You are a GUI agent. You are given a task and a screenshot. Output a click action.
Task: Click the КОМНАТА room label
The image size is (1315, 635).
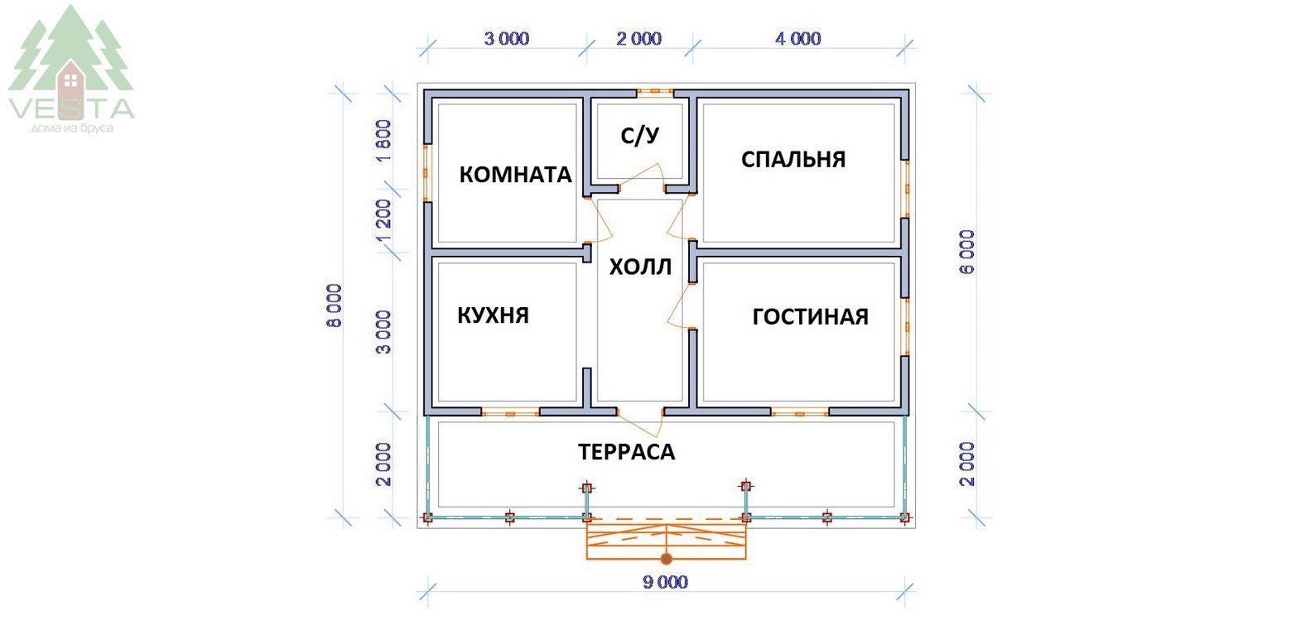pos(515,175)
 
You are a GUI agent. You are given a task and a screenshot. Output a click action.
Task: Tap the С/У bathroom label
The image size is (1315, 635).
pos(640,136)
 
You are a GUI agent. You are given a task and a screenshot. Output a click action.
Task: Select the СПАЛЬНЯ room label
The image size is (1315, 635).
pos(793,159)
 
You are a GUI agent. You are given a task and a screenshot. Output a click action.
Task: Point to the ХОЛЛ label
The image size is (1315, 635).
pos(640,267)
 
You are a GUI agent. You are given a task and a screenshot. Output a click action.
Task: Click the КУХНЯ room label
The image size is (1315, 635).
pos(494,315)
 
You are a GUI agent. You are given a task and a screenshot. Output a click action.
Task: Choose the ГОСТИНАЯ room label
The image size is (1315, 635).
pos(810,317)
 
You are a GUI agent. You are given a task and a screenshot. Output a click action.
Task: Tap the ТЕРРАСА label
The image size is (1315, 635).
pos(626,452)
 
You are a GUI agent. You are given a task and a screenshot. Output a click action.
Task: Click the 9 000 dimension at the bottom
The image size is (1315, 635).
pos(665,582)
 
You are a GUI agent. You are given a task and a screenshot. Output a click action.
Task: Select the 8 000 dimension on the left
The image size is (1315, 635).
pos(334,305)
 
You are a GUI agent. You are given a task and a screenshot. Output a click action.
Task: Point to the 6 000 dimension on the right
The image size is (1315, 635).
pos(967,253)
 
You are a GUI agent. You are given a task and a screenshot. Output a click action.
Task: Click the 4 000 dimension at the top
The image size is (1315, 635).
pos(797,39)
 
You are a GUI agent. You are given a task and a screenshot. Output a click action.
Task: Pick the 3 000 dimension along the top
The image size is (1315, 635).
pos(507,39)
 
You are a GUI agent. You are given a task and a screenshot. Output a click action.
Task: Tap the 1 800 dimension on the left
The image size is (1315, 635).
pos(383,142)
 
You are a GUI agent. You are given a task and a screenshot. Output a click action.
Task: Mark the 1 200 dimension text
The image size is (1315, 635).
pos(383,221)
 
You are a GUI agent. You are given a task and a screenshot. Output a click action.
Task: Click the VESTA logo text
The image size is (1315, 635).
pos(71,108)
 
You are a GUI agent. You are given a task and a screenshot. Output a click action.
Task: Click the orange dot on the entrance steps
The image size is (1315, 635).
pos(666,559)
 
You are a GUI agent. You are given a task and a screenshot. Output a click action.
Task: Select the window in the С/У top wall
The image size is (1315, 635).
pos(655,92)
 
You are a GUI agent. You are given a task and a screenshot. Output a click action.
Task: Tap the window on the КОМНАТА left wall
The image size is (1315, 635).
pos(426,172)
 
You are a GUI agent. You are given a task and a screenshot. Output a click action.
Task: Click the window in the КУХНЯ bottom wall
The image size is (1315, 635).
pos(510,413)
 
